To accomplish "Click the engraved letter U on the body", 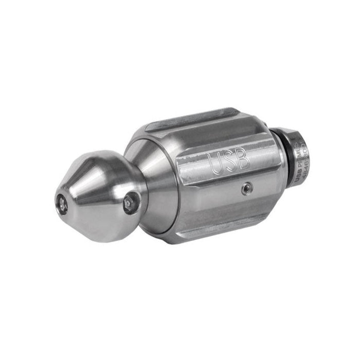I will (x=215, y=164).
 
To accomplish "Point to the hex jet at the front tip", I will (x=61, y=205).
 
